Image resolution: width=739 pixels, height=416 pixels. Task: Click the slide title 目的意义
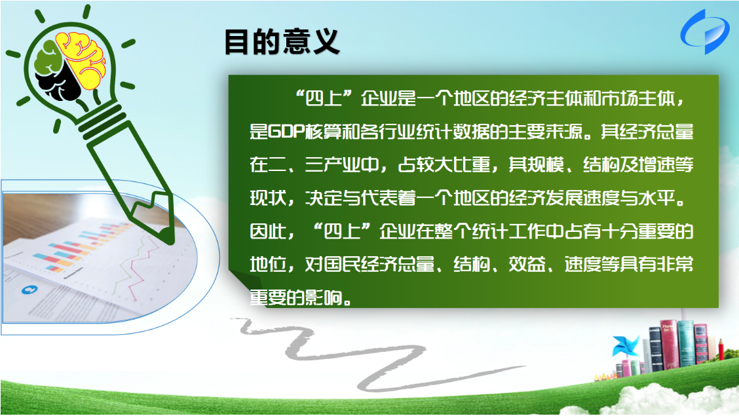click(x=282, y=42)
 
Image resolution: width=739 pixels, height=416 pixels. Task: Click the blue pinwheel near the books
click(x=625, y=347)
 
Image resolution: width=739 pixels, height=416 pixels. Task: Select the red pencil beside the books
click(x=721, y=350)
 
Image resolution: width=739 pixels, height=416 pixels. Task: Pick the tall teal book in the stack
click(x=686, y=343)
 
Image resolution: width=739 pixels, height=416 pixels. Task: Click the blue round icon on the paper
click(x=29, y=290)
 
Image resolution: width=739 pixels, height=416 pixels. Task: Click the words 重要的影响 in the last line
click(x=295, y=298)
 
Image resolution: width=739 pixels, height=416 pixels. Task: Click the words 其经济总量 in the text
click(x=647, y=132)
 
